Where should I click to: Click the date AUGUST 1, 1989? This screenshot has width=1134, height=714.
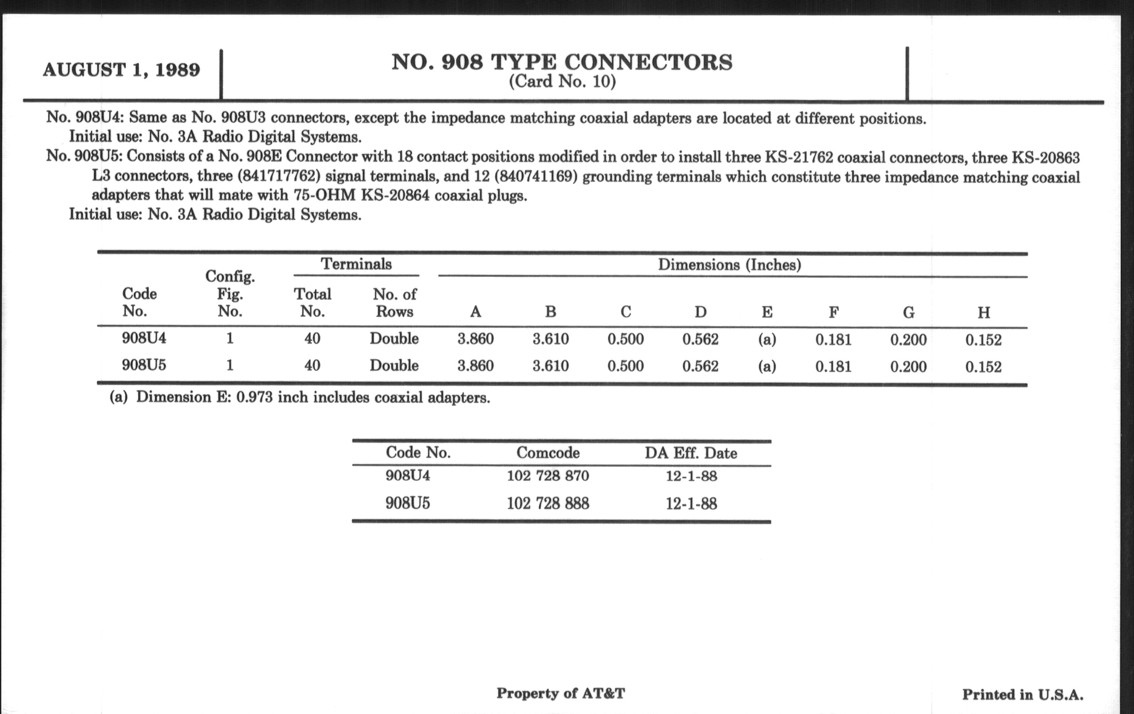pos(122,70)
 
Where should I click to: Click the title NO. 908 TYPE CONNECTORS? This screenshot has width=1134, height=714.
pos(562,62)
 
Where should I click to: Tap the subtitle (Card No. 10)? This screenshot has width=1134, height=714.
pos(562,82)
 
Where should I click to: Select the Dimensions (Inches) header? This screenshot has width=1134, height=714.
pos(729,265)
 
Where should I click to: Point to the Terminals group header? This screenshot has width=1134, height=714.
pos(356,264)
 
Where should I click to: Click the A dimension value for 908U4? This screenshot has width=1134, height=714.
pos(476,339)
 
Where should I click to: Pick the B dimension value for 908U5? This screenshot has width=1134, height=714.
pos(551,366)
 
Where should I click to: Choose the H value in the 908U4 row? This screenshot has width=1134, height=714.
pos(983,340)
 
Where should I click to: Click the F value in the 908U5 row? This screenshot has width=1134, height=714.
pos(834,367)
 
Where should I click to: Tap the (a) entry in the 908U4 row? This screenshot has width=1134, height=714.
pos(767,339)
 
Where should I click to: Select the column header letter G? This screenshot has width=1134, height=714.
pos(908,313)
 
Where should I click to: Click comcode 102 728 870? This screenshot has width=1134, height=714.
pos(548,476)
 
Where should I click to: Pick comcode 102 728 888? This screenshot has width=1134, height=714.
pos(548,504)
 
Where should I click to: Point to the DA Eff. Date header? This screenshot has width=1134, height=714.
pos(691,454)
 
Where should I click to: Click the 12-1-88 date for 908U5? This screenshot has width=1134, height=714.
pos(691,504)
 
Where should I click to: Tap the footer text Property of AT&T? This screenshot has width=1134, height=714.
pos(560,693)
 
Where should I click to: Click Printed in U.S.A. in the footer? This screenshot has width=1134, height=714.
pos(1023,694)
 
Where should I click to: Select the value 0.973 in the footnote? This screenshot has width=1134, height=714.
pos(254,397)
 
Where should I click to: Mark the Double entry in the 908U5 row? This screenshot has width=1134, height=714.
pos(394,366)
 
